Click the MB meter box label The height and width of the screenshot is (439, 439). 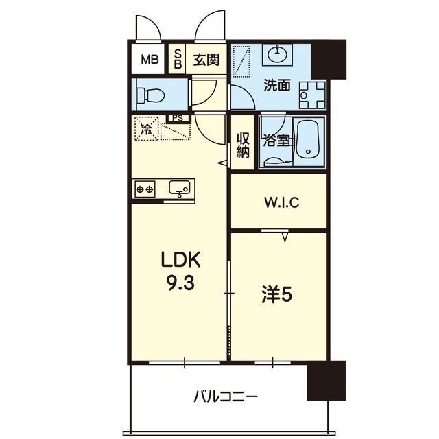click(x=150, y=60)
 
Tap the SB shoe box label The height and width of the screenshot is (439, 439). click(x=178, y=59)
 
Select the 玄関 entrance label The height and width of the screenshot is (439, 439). click(x=206, y=60)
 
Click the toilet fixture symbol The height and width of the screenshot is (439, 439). click(x=150, y=95)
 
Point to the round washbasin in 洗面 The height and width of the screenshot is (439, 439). click(x=277, y=54)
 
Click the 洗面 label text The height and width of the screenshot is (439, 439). click(x=277, y=85)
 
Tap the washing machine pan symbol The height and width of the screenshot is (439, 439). click(x=313, y=95)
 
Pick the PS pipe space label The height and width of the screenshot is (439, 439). click(x=178, y=118)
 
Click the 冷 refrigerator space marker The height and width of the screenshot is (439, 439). click(x=146, y=129)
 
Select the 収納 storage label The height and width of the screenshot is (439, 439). click(x=242, y=145)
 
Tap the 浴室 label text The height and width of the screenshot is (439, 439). click(x=276, y=141)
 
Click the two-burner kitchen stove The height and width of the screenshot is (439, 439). click(x=145, y=189)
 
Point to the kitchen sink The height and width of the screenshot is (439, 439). click(x=179, y=187)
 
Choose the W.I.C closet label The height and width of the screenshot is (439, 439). click(x=282, y=202)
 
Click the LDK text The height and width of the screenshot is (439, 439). click(x=180, y=261)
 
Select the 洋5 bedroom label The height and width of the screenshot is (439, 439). click(x=277, y=295)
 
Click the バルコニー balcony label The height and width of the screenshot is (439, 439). click(x=226, y=396)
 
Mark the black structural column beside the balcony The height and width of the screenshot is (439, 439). click(x=326, y=380)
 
